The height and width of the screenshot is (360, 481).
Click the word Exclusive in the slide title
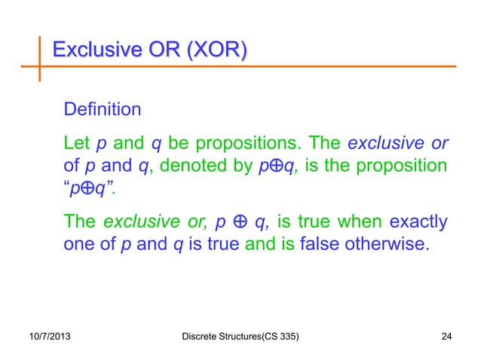click(x=93, y=51)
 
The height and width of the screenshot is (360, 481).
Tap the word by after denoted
click(x=231, y=164)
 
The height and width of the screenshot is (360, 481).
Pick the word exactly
click(x=418, y=221)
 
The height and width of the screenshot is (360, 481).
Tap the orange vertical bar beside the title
click(x=40, y=56)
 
